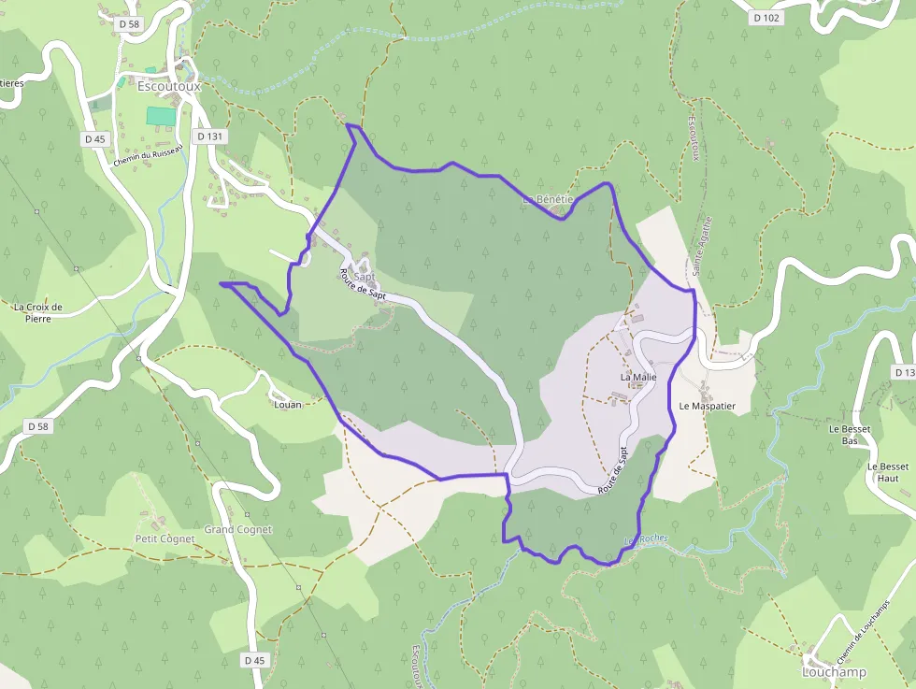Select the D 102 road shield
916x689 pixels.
tap(766, 18)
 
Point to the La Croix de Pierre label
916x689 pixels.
tap(38, 311)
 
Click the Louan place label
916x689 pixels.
tap(288, 405)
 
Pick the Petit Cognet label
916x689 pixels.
tap(165, 538)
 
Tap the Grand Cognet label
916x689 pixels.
tap(238, 529)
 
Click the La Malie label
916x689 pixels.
tap(638, 377)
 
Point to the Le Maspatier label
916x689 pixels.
tap(708, 407)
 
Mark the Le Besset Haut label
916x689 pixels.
tap(887, 472)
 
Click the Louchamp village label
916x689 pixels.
tap(834, 672)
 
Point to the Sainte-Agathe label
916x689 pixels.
tap(702, 247)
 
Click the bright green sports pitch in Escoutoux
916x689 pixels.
tap(161, 116)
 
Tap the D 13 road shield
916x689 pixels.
tap(903, 373)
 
